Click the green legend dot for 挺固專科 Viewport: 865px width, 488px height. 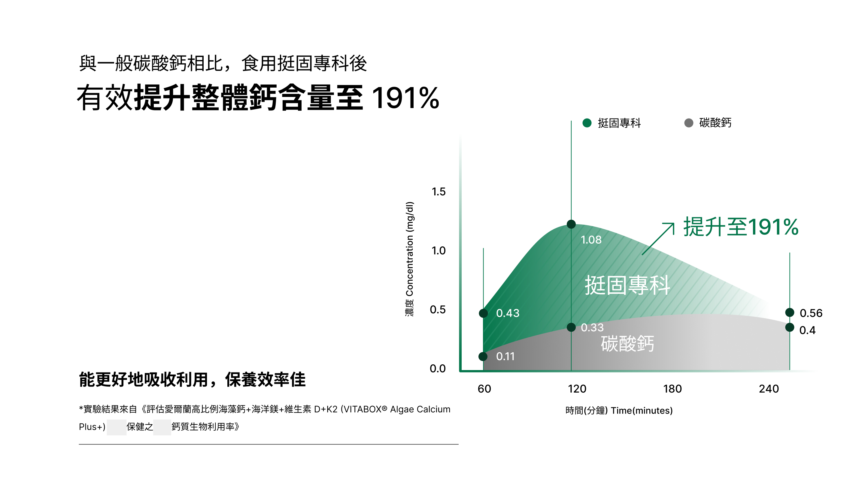(x=587, y=123)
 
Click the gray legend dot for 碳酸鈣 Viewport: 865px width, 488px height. (x=688, y=123)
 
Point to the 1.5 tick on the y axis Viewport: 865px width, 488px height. (x=438, y=192)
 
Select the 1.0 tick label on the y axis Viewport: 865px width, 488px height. (x=438, y=251)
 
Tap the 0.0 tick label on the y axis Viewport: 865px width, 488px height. (x=438, y=369)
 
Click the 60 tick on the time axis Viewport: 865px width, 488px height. (x=484, y=389)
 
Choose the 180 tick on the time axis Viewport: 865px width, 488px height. (x=672, y=389)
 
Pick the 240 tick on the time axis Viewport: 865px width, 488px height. (x=769, y=389)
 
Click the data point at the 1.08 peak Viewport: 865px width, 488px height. (x=571, y=224)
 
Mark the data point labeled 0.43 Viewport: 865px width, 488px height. (x=483, y=313)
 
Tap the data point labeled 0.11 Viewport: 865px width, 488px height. (x=483, y=356)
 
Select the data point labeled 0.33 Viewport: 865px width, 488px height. (x=571, y=327)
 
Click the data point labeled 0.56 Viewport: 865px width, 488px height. (x=789, y=312)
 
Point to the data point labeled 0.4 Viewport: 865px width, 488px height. (x=789, y=327)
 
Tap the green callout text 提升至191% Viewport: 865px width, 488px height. (x=740, y=227)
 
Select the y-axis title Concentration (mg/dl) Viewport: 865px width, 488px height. (x=410, y=259)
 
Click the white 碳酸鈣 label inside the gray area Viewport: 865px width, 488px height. (x=627, y=344)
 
